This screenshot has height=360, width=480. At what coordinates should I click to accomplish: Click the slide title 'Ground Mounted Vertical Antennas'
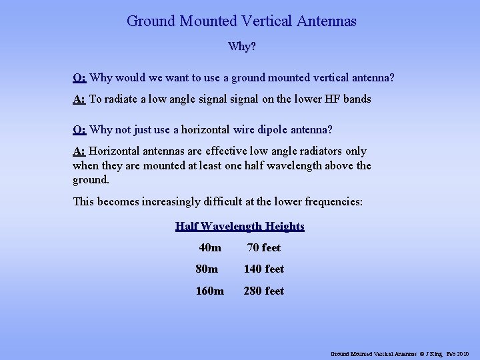tap(241, 21)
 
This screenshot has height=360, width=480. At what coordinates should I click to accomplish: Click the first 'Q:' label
tap(79, 78)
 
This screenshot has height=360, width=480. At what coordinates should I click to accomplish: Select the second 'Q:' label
tap(79, 129)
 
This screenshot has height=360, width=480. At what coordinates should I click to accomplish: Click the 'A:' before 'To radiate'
tap(79, 99)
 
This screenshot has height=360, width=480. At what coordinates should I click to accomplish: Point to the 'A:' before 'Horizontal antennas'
tap(79, 151)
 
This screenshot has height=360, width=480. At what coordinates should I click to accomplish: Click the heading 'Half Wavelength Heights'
tap(240, 226)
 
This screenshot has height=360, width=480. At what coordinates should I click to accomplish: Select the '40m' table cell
tap(210, 248)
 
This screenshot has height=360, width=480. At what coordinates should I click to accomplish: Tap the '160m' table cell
tap(211, 291)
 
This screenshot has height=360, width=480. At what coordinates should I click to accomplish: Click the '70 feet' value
tap(264, 248)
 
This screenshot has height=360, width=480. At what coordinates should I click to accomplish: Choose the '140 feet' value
tap(264, 269)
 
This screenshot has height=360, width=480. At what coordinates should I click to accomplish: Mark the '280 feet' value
tap(264, 291)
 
